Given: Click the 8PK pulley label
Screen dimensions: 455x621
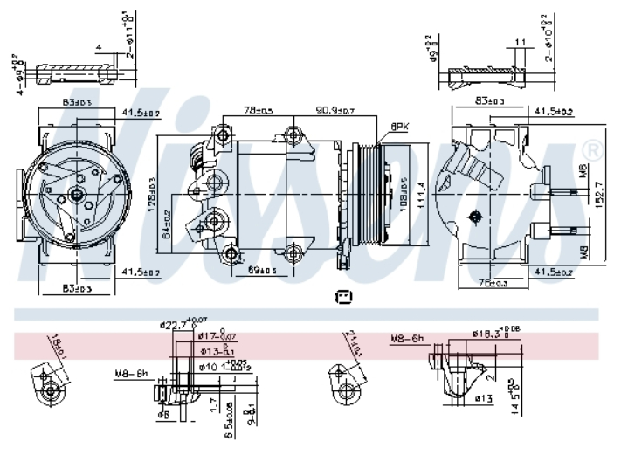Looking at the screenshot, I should tap(401, 126).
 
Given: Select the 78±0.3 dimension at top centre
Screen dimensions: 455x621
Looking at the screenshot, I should tap(258, 111).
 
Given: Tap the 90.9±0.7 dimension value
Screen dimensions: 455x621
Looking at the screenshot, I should tap(335, 111).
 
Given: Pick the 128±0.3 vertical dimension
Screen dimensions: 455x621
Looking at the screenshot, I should tap(153, 193).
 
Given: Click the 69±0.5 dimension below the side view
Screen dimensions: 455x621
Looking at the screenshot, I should tap(262, 271).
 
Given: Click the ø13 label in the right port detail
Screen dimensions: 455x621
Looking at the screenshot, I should tap(483, 398).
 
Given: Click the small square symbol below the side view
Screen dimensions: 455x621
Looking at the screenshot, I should tap(343, 297).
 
